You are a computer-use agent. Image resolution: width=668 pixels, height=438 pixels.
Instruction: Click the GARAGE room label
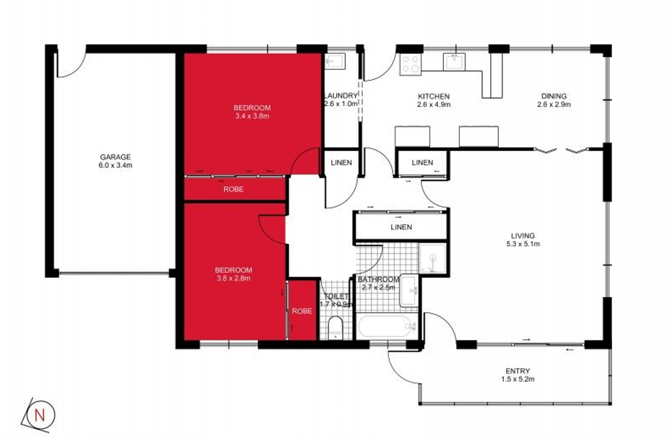tap(115, 157)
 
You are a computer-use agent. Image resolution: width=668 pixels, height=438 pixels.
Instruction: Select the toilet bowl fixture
tap(335, 328)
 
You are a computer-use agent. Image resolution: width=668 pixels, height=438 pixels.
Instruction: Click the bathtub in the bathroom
tap(387, 326)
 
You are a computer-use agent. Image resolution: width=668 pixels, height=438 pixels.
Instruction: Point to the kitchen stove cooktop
tap(411, 64)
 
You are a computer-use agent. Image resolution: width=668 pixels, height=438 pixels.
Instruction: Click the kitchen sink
tap(454, 62)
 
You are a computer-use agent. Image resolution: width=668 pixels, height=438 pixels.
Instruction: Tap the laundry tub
tap(334, 62)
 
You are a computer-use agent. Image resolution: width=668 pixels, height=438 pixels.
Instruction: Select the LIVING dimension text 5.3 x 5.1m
tap(523, 244)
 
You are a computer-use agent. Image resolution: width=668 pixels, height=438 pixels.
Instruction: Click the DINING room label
tap(554, 96)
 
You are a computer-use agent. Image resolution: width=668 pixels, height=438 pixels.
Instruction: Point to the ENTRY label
tap(518, 371)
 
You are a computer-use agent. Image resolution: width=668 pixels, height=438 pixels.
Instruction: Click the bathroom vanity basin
tap(409, 291)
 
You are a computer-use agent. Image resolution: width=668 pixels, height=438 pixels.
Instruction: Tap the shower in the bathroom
tap(432, 259)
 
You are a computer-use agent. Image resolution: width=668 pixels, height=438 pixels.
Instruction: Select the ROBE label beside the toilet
tap(302, 311)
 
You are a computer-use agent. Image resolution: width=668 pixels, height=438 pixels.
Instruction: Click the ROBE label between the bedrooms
tap(233, 189)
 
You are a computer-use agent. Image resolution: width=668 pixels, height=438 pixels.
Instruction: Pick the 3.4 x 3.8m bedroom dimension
tap(252, 116)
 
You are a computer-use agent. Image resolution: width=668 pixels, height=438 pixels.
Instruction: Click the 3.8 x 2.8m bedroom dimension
tap(233, 278)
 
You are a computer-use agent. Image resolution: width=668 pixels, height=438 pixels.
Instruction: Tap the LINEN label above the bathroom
tap(401, 227)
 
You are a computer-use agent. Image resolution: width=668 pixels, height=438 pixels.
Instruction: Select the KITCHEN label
tap(434, 96)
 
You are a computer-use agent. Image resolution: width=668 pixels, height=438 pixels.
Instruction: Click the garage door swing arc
tap(74, 69)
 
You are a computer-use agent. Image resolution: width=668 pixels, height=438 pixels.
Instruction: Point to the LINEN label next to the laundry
tap(341, 163)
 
